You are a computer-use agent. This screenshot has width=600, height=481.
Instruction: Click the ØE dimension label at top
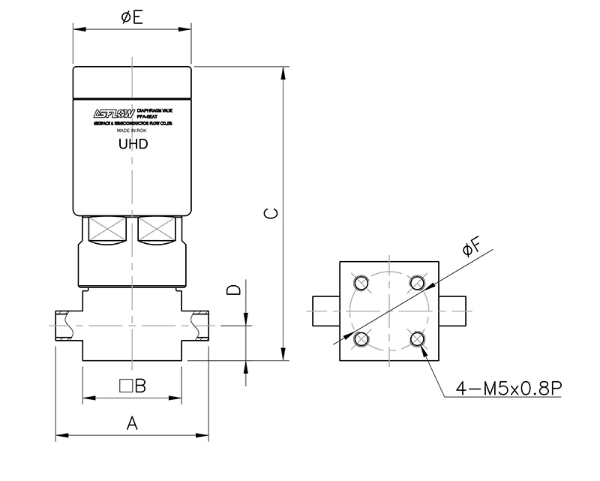point(132,17)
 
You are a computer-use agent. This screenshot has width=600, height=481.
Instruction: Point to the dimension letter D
point(234,290)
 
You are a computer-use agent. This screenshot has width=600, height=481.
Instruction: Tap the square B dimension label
point(132,386)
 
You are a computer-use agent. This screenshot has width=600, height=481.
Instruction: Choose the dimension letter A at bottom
point(132,424)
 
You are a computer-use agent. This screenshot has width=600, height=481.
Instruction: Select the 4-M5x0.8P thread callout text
point(509,389)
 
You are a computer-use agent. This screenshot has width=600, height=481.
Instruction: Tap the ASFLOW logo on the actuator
point(113,114)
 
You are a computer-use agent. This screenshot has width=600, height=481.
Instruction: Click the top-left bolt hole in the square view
point(362,283)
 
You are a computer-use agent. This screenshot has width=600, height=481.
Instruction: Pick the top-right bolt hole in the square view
point(417,283)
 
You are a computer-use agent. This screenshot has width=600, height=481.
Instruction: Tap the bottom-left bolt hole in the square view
point(362,338)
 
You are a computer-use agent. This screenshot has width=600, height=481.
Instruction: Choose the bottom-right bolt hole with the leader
point(417,338)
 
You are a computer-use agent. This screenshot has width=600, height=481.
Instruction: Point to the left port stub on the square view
point(325,311)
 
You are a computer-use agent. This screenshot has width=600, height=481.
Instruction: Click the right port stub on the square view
point(454,311)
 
